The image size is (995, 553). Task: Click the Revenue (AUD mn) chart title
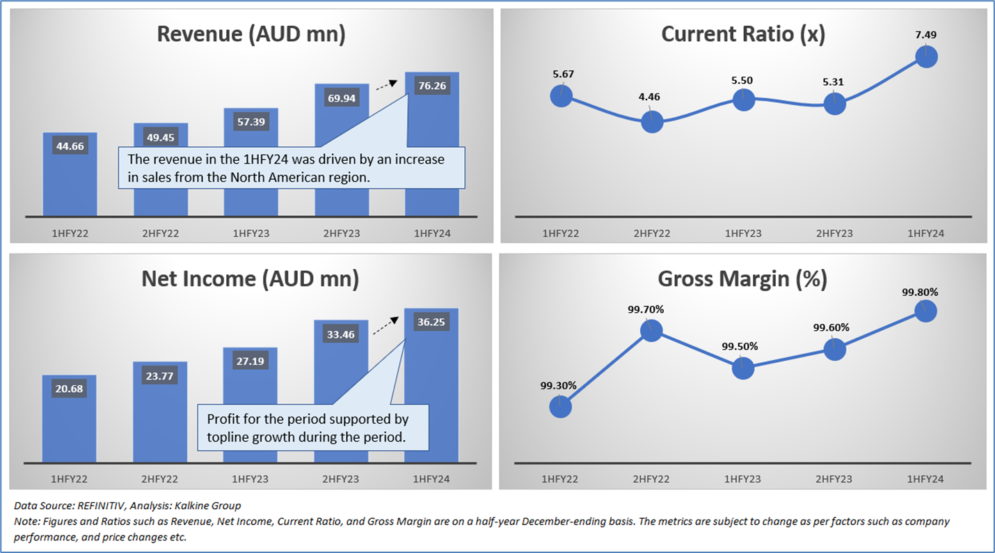click(x=251, y=35)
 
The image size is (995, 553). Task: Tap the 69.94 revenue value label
click(x=341, y=98)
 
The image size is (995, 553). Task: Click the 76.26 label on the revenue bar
click(x=431, y=86)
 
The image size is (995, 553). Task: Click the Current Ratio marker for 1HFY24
click(x=926, y=56)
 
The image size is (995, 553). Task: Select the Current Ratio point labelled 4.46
click(x=652, y=122)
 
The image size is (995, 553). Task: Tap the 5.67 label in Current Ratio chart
click(x=561, y=74)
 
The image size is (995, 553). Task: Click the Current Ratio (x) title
click(x=743, y=35)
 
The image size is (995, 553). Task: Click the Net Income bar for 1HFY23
click(x=250, y=404)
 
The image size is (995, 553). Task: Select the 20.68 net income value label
click(x=70, y=389)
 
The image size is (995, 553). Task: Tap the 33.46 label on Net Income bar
click(x=341, y=335)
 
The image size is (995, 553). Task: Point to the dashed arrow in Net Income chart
click(x=385, y=326)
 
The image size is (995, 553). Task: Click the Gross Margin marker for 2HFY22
click(x=651, y=330)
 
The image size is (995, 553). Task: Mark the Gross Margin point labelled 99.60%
click(x=834, y=349)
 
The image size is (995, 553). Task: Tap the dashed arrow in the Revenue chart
click(x=385, y=86)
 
